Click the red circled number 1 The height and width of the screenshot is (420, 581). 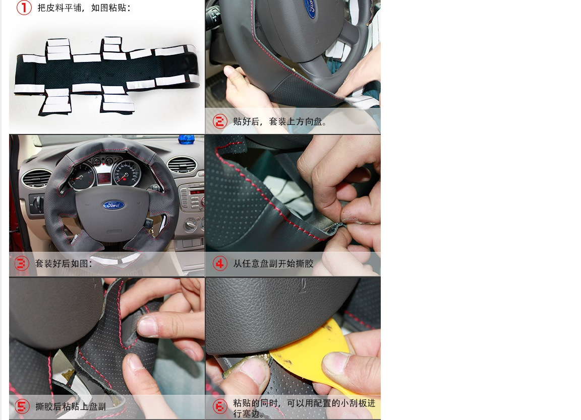(x=24, y=8)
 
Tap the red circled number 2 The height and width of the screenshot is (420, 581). (x=220, y=121)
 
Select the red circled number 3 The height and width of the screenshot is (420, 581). (x=22, y=263)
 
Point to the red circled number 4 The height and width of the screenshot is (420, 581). (x=220, y=263)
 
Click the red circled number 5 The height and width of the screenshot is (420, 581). (x=22, y=406)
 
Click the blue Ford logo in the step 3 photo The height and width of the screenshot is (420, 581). (x=114, y=205)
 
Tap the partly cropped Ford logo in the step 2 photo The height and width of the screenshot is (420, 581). (x=310, y=8)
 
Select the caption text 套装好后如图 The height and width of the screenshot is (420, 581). (x=64, y=263)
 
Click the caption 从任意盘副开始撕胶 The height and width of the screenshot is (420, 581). (x=273, y=263)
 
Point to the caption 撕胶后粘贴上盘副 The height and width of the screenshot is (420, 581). (x=71, y=406)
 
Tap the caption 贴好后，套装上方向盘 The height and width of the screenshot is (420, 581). (x=279, y=121)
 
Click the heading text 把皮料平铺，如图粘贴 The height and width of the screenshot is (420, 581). (x=84, y=8)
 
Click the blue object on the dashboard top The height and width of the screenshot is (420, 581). (x=187, y=139)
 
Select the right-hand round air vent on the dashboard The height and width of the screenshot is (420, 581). (x=182, y=165)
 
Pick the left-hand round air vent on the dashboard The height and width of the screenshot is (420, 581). (x=36, y=178)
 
